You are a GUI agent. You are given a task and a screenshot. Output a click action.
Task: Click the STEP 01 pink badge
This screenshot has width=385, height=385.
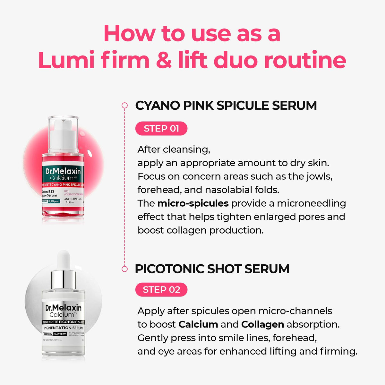tap(161, 129)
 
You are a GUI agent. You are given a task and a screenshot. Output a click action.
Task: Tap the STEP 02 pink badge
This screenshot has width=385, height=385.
tap(161, 290)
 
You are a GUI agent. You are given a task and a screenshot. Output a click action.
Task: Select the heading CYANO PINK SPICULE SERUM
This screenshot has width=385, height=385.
tap(226, 106)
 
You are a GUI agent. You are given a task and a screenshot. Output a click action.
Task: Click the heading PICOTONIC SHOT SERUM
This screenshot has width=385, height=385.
tap(212, 269)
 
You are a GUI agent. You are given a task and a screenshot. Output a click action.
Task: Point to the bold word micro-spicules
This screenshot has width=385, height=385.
tap(193, 203)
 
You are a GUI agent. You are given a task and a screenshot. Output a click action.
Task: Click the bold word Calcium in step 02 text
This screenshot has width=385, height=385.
tap(198, 324)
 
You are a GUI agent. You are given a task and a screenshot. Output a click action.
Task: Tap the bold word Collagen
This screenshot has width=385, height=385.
tap(262, 324)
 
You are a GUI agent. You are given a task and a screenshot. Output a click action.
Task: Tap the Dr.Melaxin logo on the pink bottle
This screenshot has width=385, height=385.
tap(63, 171)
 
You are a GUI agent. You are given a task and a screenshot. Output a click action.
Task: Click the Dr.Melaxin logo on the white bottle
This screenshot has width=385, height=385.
tap(63, 308)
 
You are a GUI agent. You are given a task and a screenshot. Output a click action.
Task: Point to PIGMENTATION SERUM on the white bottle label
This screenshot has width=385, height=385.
tap(63, 328)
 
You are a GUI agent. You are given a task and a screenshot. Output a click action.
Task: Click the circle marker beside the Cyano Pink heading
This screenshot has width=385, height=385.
tap(124, 105)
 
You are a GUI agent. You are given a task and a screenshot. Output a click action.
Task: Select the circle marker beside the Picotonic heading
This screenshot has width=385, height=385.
tap(124, 269)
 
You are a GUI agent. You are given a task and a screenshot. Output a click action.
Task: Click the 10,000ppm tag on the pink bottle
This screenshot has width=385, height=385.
tap(54, 201)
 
